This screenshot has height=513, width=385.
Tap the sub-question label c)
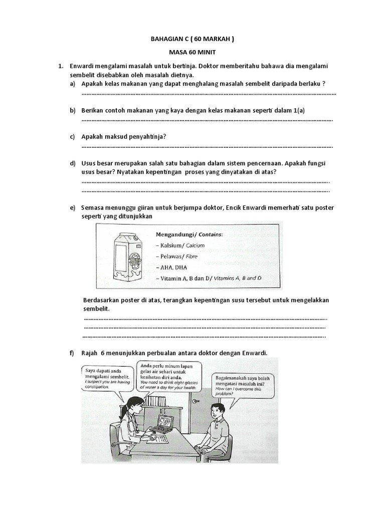point(73,137)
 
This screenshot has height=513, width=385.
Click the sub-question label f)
point(72,353)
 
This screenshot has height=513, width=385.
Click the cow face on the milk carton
point(135,261)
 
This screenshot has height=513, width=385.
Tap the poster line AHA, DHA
point(171,267)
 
